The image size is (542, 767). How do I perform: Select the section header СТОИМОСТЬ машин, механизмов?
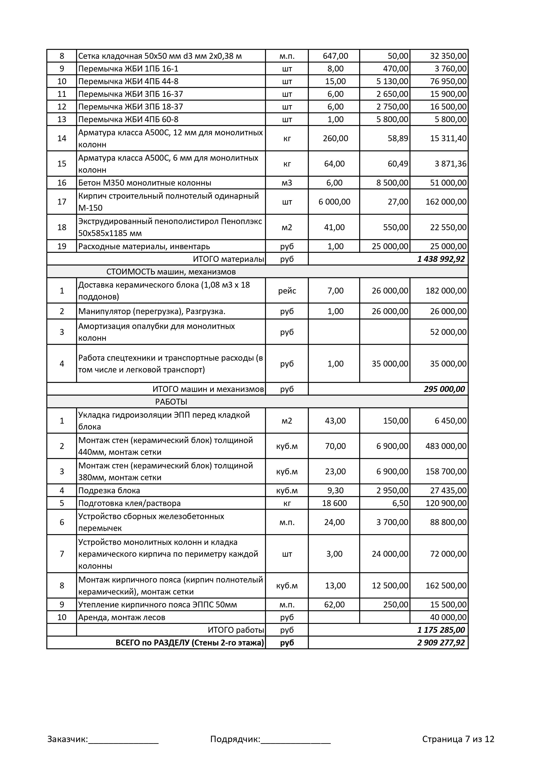point(171,272)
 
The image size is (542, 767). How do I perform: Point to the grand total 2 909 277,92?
point(441,642)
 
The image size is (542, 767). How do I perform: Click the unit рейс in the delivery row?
point(287,291)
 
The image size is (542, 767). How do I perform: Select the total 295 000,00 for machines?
point(444,389)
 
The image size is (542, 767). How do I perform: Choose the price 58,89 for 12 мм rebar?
point(398,138)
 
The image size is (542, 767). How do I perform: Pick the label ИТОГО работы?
point(236,630)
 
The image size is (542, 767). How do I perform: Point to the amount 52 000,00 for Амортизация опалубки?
point(448,332)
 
